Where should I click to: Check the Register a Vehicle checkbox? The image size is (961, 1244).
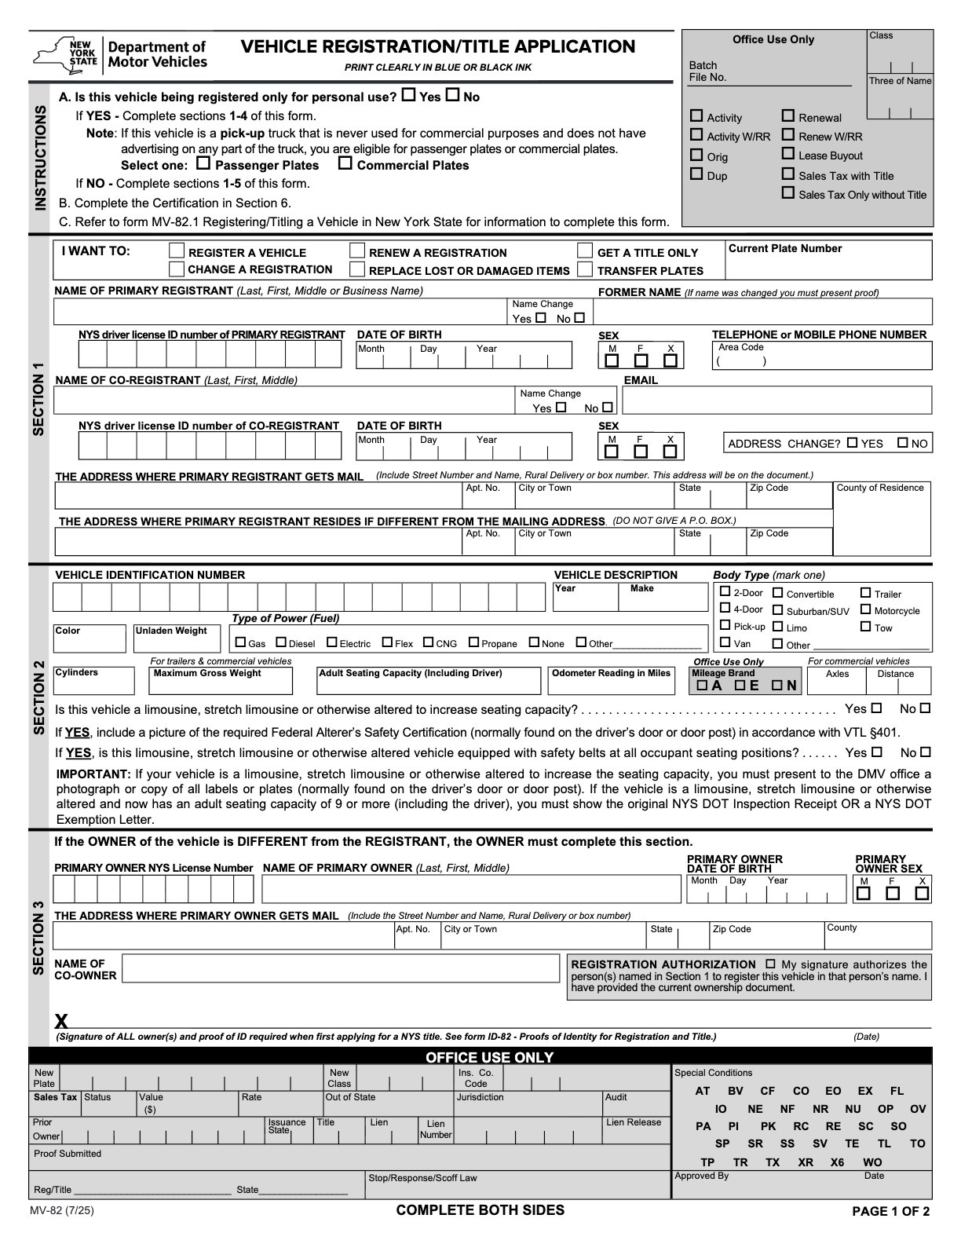pyautogui.click(x=177, y=251)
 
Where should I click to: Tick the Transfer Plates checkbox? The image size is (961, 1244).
pyautogui.click(x=584, y=269)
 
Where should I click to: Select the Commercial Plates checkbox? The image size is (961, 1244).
pyautogui.click(x=345, y=163)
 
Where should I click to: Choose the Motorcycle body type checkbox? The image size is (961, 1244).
pyautogui.click(x=865, y=609)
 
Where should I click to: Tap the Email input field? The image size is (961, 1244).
pyautogui.click(x=776, y=401)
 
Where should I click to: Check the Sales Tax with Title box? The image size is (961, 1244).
pyautogui.click(x=788, y=174)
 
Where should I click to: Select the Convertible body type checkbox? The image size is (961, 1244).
pyautogui.click(x=778, y=593)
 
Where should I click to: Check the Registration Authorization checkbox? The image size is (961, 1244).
pyautogui.click(x=770, y=964)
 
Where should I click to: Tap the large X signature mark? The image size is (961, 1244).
pyautogui.click(x=61, y=1021)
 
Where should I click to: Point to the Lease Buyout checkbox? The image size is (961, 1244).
pyautogui.click(x=788, y=154)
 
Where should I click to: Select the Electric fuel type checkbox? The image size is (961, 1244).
pyautogui.click(x=332, y=642)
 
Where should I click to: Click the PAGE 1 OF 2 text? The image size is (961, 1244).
pyautogui.click(x=890, y=1211)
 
